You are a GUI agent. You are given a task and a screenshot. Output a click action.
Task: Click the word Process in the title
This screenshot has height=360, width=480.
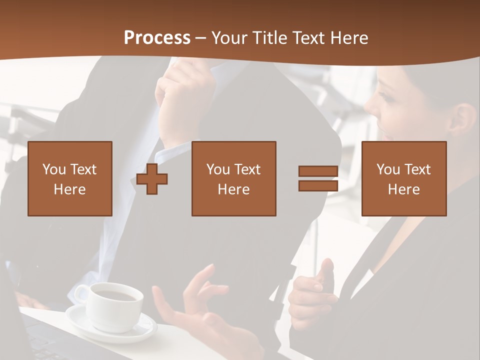(x=157, y=38)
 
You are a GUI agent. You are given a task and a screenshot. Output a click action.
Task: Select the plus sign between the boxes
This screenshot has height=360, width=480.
(x=152, y=179)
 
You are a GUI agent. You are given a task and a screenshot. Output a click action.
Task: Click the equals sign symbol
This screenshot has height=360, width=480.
(x=318, y=179)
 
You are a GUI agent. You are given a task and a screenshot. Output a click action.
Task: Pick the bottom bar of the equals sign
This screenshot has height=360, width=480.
(x=318, y=186)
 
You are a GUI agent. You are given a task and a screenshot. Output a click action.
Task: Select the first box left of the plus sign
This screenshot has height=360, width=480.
(x=70, y=179)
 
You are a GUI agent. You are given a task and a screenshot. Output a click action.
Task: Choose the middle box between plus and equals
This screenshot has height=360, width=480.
(x=233, y=179)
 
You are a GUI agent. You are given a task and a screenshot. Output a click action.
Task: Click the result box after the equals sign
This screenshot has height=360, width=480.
(x=403, y=179)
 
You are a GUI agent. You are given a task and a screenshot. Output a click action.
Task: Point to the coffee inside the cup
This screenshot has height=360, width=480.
(x=116, y=295)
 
